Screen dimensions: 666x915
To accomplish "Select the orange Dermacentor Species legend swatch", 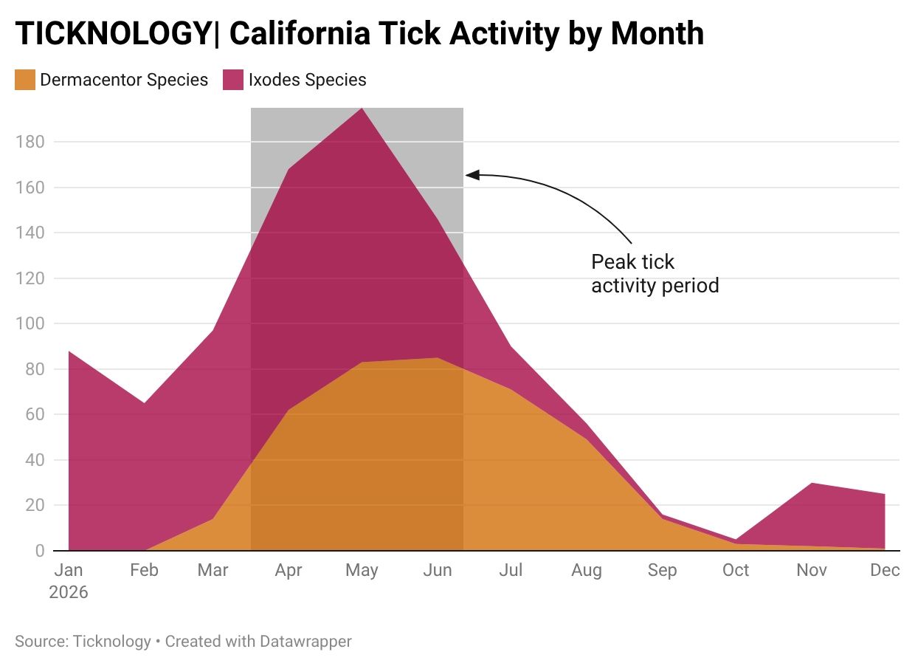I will click(25, 80).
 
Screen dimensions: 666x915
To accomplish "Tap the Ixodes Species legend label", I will click(307, 80).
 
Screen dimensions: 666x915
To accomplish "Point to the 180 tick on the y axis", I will click(30, 142).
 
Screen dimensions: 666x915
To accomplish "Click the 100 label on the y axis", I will click(30, 323).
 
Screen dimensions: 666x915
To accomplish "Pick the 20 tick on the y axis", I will click(35, 506).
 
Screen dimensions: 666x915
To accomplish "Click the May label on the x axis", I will click(362, 571).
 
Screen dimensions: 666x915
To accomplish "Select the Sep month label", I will click(662, 571).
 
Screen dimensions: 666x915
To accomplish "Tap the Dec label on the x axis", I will click(885, 571).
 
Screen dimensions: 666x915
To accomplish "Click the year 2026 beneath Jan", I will click(68, 592).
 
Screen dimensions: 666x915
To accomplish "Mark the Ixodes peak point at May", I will click(362, 109).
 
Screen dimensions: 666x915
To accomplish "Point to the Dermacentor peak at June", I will click(438, 358).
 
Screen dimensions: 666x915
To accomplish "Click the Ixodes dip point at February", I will click(144, 403).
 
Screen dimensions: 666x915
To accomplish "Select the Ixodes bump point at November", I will click(812, 483).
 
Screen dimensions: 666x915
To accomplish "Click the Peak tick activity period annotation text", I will click(655, 273).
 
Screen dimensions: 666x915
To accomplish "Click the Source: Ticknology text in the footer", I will click(83, 641).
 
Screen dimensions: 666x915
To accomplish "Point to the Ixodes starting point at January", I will click(69, 351).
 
